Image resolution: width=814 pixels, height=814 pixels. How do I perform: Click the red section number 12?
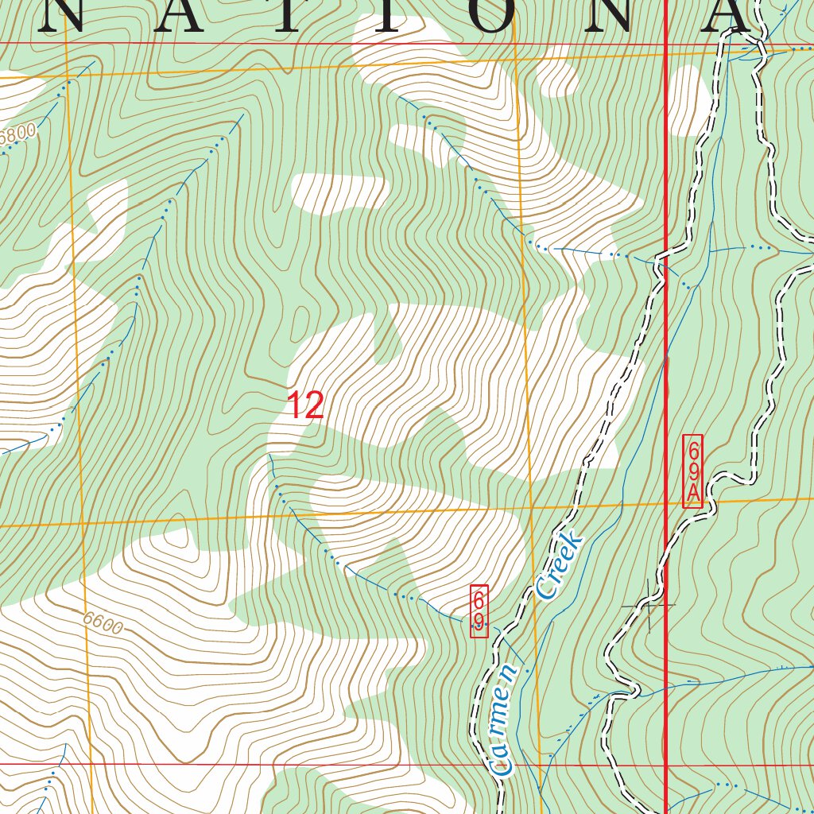305,405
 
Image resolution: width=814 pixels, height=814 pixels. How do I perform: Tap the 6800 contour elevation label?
17,136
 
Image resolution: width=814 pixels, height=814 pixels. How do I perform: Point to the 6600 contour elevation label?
103,624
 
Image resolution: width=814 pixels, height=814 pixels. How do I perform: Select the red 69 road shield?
479,611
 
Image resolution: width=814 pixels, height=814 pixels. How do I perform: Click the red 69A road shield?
692,471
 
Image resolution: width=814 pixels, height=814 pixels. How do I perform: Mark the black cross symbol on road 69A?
649,606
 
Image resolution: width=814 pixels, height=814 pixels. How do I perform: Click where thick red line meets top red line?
665,45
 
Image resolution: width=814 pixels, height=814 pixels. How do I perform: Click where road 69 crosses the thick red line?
665,259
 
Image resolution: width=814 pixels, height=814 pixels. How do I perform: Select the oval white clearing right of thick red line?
688,99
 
